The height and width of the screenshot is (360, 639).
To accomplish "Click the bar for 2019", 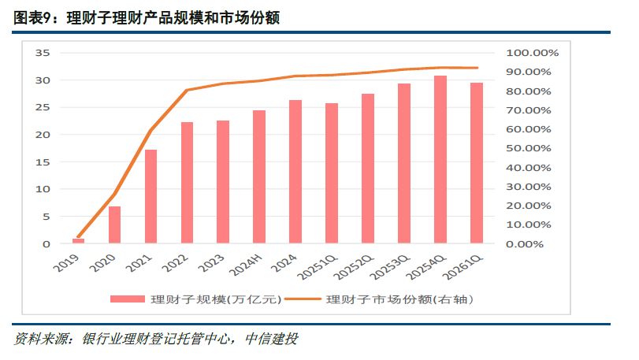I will click(78, 241).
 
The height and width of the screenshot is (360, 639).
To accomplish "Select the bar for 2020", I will click(115, 225).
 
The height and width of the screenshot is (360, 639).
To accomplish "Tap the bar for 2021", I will click(151, 196).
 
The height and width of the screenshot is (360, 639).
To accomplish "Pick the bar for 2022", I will click(188, 183).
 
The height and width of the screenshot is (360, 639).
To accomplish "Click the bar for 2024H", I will click(259, 176).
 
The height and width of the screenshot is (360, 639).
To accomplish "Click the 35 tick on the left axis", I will click(43, 53).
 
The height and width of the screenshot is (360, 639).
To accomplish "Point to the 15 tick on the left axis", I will click(43, 162).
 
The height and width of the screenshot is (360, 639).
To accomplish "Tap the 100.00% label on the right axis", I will click(532, 53).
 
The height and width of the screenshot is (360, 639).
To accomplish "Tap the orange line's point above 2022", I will click(188, 90).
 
